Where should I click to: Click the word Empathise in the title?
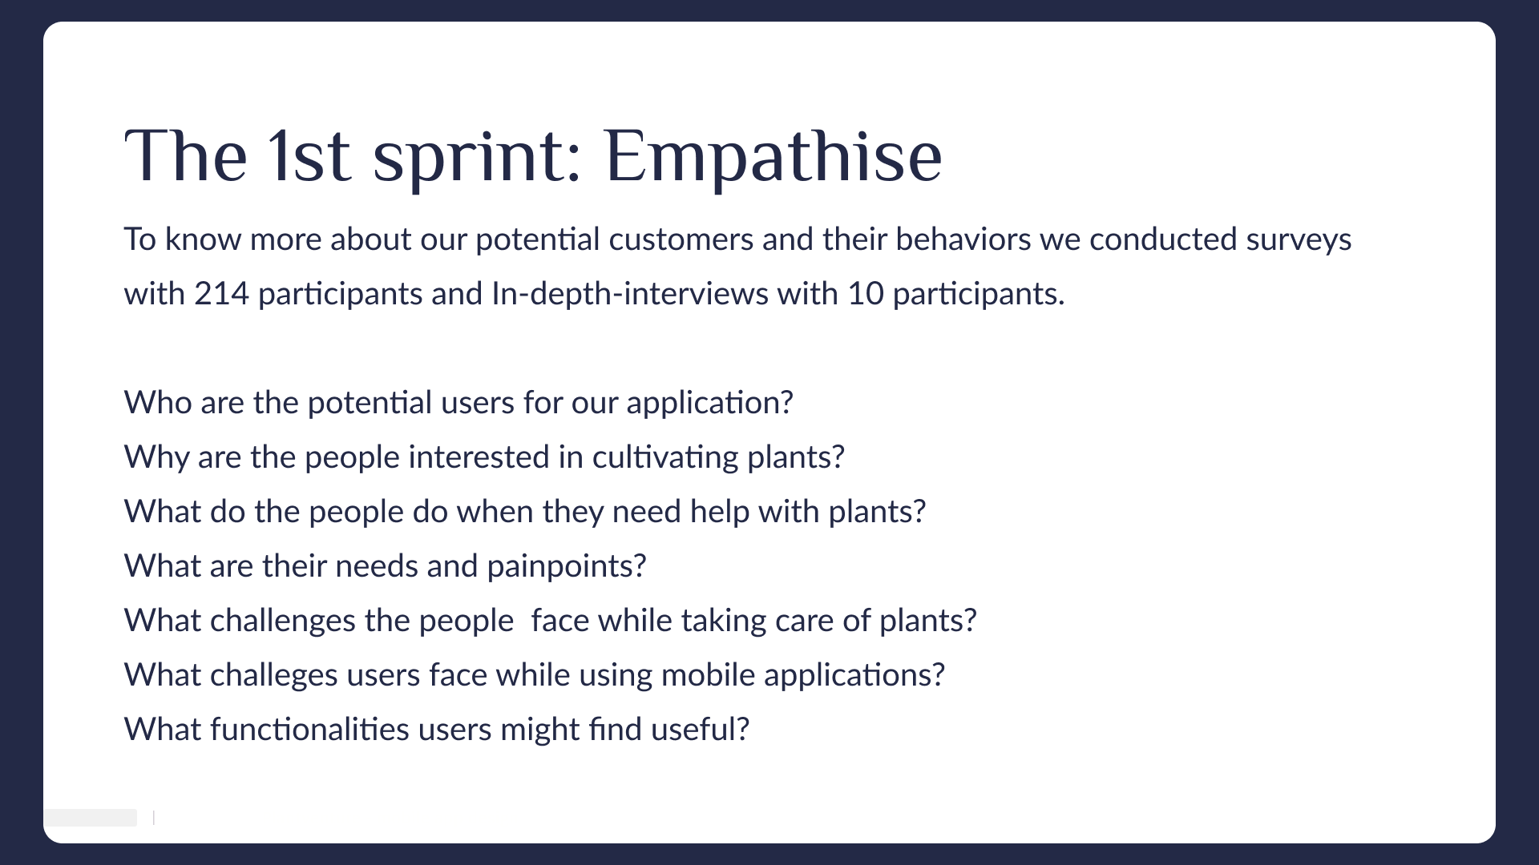pos(773,156)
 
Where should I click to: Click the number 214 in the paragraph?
pos(221,294)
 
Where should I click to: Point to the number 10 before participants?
pos(865,294)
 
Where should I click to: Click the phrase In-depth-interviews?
pos(630,294)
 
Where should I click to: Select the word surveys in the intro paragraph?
pos(1299,240)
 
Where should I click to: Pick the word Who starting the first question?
pos(158,403)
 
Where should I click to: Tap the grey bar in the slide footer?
pos(91,818)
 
